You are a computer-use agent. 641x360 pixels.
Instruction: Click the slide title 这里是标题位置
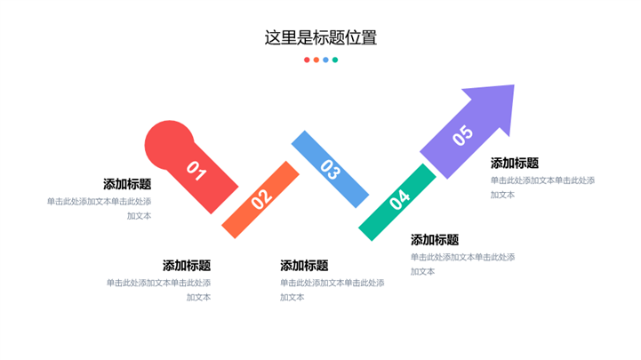pos(320,37)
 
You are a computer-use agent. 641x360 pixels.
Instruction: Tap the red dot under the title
pos(307,60)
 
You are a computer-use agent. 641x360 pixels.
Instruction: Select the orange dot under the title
pos(316,60)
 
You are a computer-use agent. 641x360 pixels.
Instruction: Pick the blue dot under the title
pos(325,60)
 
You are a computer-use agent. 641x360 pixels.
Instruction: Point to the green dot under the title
pos(335,60)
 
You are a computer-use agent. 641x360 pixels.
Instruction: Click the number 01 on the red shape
pos(196,171)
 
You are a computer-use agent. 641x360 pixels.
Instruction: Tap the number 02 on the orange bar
pos(260,199)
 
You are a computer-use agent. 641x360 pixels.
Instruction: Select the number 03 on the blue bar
pos(330,169)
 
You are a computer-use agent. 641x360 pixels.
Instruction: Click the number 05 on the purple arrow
pos(462,136)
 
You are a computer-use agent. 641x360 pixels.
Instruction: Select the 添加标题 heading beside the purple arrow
pos(515,163)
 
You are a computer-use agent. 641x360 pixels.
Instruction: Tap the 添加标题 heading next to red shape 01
pos(127,184)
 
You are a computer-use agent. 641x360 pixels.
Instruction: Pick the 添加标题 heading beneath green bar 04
pos(435,239)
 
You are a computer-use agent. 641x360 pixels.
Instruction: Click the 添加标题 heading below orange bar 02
pos(187,265)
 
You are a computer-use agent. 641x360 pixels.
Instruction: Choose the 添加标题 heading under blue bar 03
pos(304,265)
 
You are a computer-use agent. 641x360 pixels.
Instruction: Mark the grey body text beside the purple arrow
pos(542,188)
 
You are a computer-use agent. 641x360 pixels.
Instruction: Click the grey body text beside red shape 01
pos(100,208)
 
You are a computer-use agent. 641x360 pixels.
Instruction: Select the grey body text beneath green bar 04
pos(462,264)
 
